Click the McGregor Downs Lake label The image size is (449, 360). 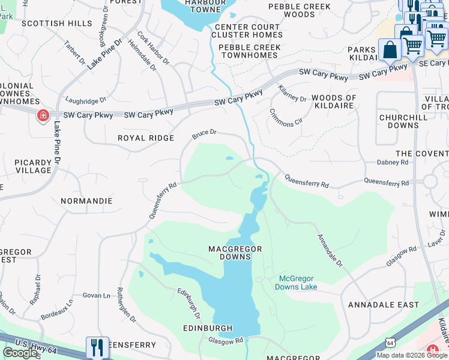[296, 283]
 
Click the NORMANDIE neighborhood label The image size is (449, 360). [86, 200]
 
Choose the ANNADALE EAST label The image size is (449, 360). [384, 305]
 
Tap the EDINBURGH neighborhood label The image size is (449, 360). [208, 328]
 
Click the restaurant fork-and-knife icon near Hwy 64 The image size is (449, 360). [97, 347]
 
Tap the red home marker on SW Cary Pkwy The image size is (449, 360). [43, 115]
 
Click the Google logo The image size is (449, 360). [20, 353]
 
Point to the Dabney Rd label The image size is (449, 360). [393, 162]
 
